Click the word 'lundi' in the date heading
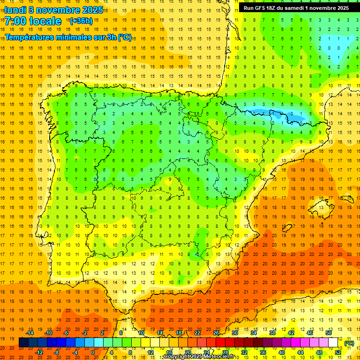15,9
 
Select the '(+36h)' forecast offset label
81,21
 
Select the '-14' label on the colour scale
30,333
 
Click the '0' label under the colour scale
93,352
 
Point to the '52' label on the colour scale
338,352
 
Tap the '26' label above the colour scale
216,333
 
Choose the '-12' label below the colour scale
39,352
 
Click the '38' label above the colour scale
272,333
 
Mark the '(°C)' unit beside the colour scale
349,343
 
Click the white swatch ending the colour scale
333,343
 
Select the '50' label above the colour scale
329,333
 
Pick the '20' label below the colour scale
187,352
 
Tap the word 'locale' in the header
46,21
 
